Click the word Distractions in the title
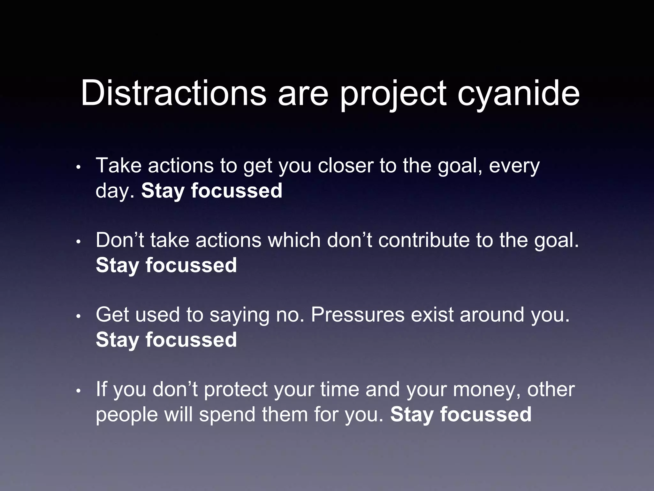173,93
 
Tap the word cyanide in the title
518,93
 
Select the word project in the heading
392,93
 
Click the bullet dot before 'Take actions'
78,167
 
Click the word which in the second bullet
294,240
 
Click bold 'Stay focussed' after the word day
212,191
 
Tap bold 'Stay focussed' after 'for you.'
461,414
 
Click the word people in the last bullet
127,414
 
